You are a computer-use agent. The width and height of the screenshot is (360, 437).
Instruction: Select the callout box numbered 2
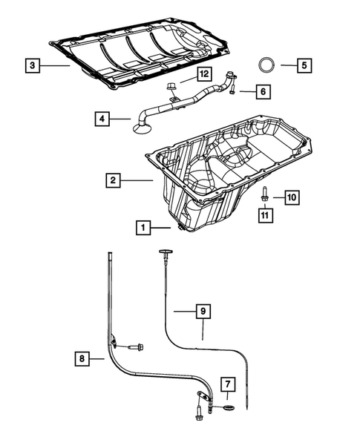click(114, 180)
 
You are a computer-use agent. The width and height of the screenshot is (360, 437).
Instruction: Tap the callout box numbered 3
click(31, 66)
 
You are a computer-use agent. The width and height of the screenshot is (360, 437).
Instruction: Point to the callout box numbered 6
click(261, 91)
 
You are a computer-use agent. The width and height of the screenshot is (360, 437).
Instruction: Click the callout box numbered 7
click(228, 384)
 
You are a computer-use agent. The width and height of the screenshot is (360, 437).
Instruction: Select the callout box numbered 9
click(200, 312)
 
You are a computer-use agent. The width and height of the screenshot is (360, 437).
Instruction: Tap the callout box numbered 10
click(291, 197)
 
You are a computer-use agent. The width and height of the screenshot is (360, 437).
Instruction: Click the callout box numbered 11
click(265, 215)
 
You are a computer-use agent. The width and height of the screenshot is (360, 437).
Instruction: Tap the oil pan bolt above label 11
click(264, 195)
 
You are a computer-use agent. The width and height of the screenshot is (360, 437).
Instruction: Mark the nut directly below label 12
click(171, 88)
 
